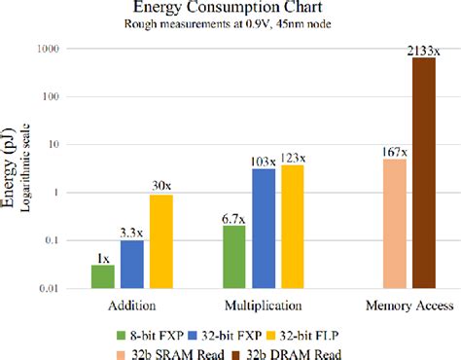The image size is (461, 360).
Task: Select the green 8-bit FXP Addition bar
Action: [x=102, y=276]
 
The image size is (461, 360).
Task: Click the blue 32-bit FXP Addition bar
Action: [x=131, y=264]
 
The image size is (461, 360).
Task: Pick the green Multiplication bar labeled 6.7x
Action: [x=233, y=257]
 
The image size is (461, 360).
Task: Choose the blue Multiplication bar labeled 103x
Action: [x=263, y=229]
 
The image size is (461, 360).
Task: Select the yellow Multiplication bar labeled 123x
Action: [x=292, y=227]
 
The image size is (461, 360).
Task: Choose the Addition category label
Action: [x=132, y=306]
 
